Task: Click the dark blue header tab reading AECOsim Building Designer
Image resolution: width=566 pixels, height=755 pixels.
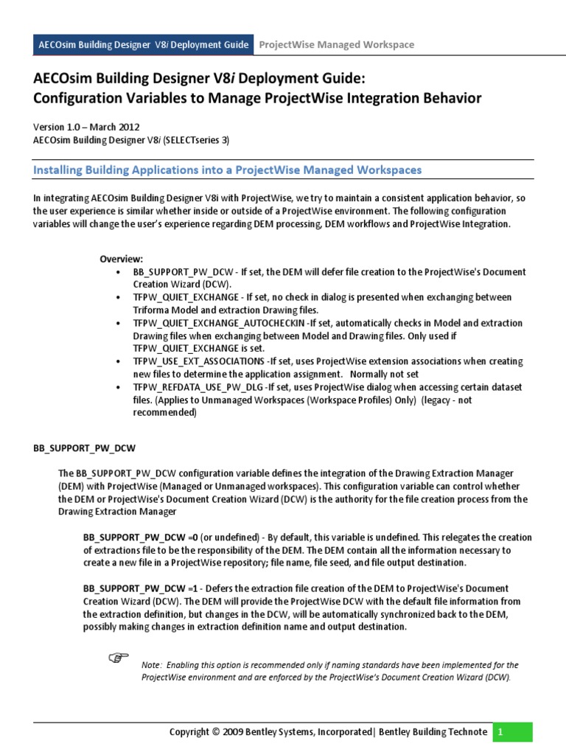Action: (144, 44)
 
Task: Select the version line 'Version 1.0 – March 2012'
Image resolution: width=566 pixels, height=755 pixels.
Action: (86, 127)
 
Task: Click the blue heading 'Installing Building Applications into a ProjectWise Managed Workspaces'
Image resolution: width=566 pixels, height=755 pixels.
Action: (228, 170)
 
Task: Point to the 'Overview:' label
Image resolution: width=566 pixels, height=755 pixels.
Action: (122, 259)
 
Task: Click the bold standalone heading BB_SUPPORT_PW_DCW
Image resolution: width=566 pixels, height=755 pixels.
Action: (85, 448)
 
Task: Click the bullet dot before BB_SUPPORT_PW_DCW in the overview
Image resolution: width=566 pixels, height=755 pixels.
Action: (119, 272)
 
